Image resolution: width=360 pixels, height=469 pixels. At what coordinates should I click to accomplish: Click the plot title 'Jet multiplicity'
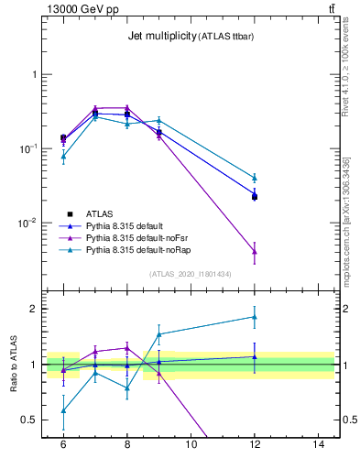click(165, 37)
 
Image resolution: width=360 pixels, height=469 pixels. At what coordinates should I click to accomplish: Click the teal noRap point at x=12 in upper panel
click(255, 178)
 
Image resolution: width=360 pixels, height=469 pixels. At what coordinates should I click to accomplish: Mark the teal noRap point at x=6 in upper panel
click(63, 157)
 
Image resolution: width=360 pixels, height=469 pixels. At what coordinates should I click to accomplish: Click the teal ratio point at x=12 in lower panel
click(255, 317)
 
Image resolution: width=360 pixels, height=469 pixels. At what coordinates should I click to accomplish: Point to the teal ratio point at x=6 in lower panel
click(63, 410)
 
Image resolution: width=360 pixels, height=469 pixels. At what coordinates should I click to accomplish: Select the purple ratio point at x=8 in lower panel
click(127, 347)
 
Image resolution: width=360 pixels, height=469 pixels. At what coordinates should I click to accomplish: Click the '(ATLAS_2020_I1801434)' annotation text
click(191, 274)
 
